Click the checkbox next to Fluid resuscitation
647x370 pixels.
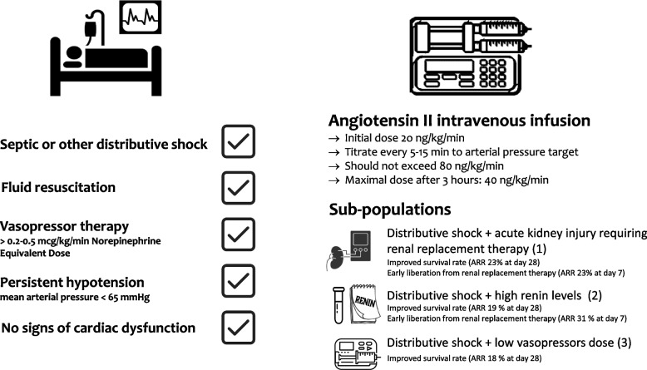238,188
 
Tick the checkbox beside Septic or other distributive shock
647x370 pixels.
238,143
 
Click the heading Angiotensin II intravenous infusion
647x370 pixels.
460,121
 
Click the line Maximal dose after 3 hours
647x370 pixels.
423,180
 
